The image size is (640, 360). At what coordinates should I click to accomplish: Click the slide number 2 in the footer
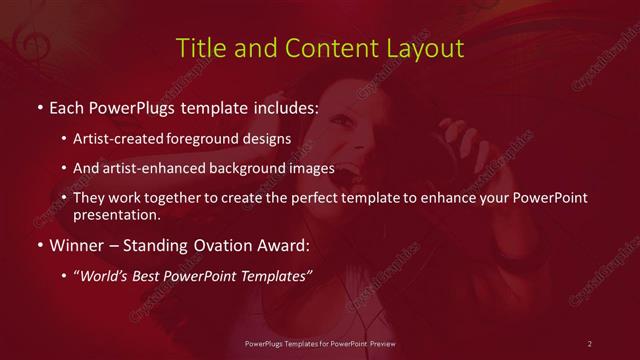point(590,344)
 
